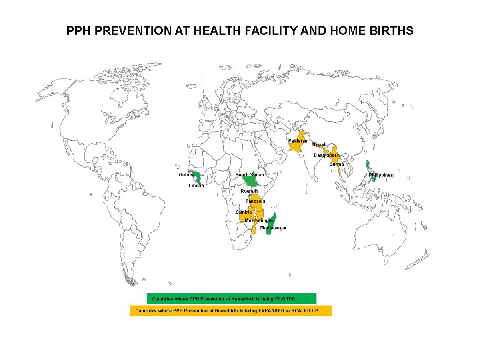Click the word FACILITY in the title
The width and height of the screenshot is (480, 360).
pyautogui.click(x=271, y=30)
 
